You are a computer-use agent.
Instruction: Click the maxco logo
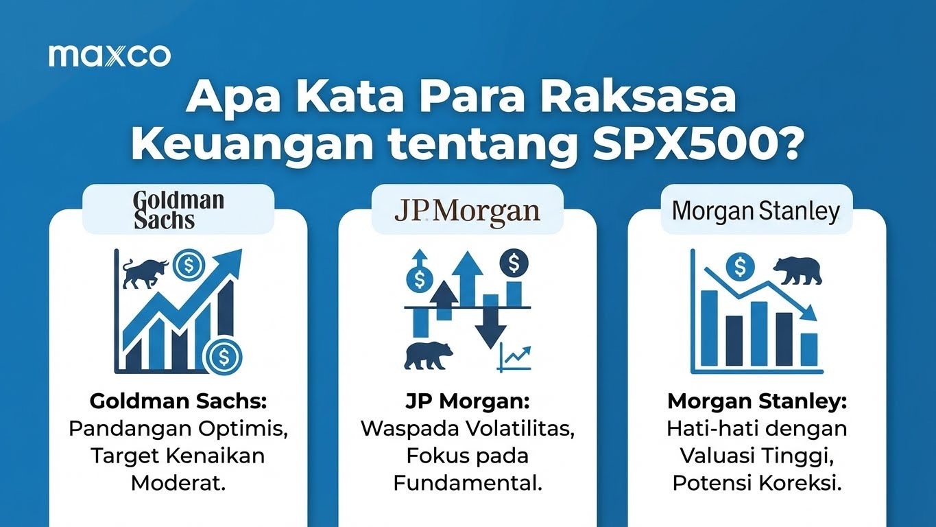[x=110, y=56]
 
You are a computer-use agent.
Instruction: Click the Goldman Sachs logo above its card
[x=178, y=210]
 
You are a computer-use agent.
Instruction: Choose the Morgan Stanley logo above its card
[x=756, y=211]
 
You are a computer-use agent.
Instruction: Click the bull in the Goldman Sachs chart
[x=143, y=272]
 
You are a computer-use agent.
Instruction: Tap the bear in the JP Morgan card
[x=428, y=354]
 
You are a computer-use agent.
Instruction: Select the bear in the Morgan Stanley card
[x=797, y=270]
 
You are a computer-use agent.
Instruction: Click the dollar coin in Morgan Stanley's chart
[x=739, y=265]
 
